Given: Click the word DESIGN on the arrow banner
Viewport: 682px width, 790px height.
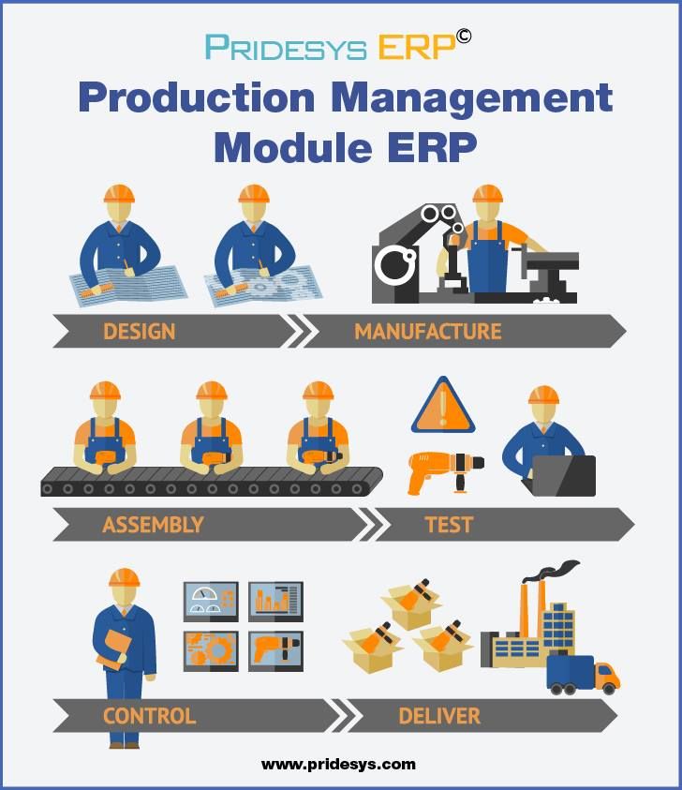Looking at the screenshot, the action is tap(139, 332).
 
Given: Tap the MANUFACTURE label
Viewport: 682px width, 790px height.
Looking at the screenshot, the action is tap(427, 332).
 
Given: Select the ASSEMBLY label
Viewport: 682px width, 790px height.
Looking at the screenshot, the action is tap(153, 525).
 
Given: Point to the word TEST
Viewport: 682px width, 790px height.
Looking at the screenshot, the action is tap(449, 525).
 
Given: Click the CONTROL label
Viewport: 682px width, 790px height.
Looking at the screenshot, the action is tap(149, 716).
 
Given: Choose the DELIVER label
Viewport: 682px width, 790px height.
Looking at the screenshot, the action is tap(439, 716).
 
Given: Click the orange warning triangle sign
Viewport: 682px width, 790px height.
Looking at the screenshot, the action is tap(443, 406).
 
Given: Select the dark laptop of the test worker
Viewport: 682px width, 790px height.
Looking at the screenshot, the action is tap(563, 476).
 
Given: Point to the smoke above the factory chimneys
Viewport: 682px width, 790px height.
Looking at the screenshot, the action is tap(552, 570).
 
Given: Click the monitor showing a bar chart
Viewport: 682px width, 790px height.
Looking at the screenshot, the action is tap(275, 601).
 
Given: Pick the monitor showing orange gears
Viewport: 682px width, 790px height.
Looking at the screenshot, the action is tap(211, 651).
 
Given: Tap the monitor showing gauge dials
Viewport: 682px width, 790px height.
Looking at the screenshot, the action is tap(211, 601).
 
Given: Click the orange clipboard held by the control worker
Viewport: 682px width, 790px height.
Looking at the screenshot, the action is tap(113, 650).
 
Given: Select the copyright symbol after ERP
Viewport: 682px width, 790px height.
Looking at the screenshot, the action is tap(464, 37).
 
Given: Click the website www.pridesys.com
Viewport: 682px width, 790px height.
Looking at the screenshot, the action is tap(338, 765).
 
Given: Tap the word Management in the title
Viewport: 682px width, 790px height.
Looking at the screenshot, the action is tap(472, 98).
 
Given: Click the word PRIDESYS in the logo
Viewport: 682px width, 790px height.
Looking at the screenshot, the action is tap(286, 48).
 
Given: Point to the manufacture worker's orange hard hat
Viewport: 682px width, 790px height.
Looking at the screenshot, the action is tap(487, 193).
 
